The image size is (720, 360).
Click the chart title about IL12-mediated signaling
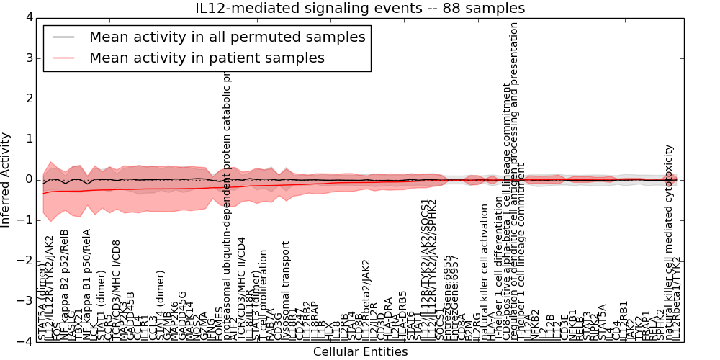pyautogui.click(x=360, y=9)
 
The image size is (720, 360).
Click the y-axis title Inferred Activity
pyautogui.click(x=6, y=179)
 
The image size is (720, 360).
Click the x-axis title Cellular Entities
pyautogui.click(x=360, y=351)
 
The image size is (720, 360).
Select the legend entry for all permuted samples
pyautogui.click(x=227, y=37)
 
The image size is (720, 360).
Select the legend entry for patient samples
pyautogui.click(x=207, y=58)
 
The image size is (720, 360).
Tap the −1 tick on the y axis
pyautogui.click(x=24, y=220)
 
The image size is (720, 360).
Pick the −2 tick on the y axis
pyautogui.click(x=24, y=261)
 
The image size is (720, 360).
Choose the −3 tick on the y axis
pyautogui.click(x=24, y=302)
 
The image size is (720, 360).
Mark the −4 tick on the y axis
pyautogui.click(x=24, y=342)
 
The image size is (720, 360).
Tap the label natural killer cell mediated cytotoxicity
pyautogui.click(x=669, y=242)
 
